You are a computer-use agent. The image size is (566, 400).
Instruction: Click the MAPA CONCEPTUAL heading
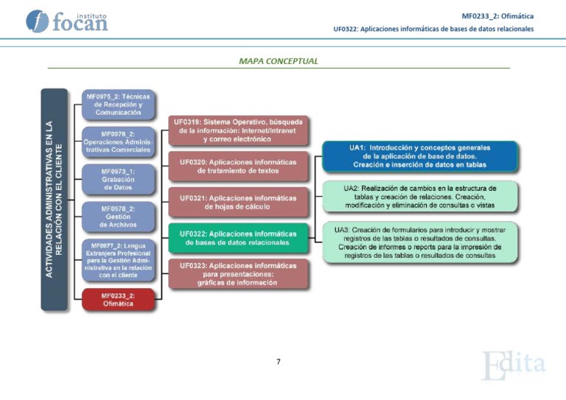(x=279, y=61)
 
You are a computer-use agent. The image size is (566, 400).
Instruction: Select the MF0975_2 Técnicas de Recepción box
(x=118, y=105)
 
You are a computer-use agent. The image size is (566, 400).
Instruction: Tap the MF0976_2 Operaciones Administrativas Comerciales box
(x=118, y=141)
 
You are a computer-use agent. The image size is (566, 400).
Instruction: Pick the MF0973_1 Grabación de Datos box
(x=118, y=179)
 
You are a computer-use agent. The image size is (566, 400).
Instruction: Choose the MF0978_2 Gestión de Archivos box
(x=118, y=217)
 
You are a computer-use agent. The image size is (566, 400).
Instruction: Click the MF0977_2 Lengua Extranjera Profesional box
(x=118, y=260)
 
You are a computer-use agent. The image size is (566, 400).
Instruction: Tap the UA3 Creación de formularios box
(x=419, y=242)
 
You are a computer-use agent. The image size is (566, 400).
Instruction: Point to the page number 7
(x=279, y=362)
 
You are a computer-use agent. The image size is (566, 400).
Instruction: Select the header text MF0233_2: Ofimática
(x=497, y=16)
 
